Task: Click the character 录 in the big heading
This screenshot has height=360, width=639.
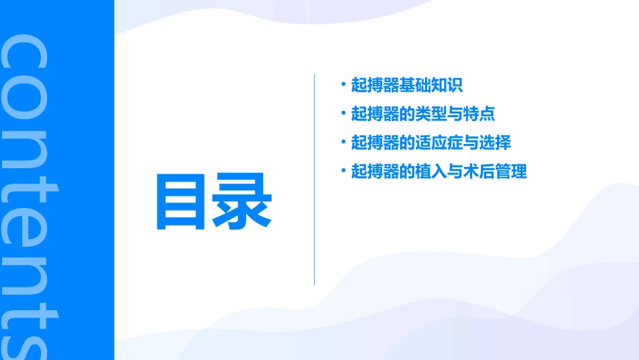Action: click(243, 202)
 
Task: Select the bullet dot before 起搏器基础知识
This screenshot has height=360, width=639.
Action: click(344, 85)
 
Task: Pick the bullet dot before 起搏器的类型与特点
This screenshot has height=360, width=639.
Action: click(344, 113)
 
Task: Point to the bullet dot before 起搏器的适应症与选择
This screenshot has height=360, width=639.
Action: click(344, 142)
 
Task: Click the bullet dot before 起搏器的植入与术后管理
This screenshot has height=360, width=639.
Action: click(344, 171)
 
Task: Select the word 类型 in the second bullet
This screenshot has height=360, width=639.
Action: click(430, 114)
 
